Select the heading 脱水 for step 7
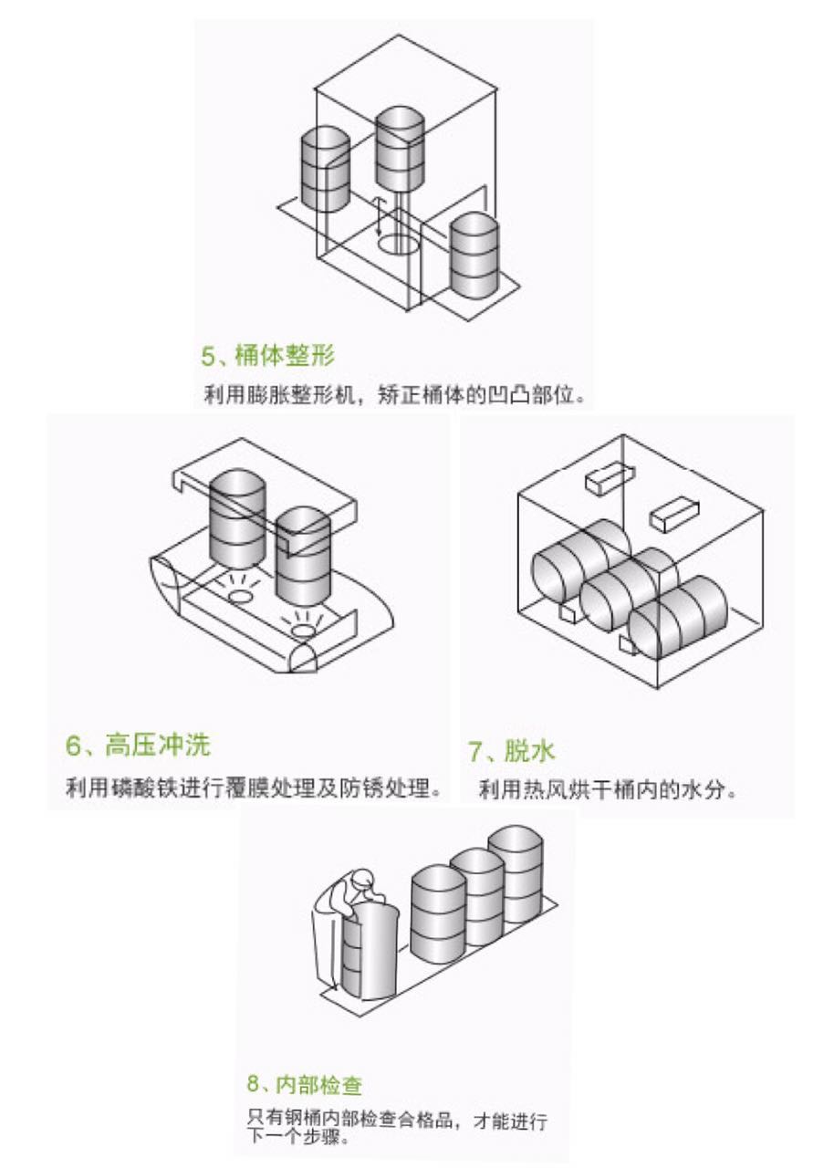click(528, 752)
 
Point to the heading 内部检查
click(317, 1085)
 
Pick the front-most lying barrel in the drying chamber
click(679, 619)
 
